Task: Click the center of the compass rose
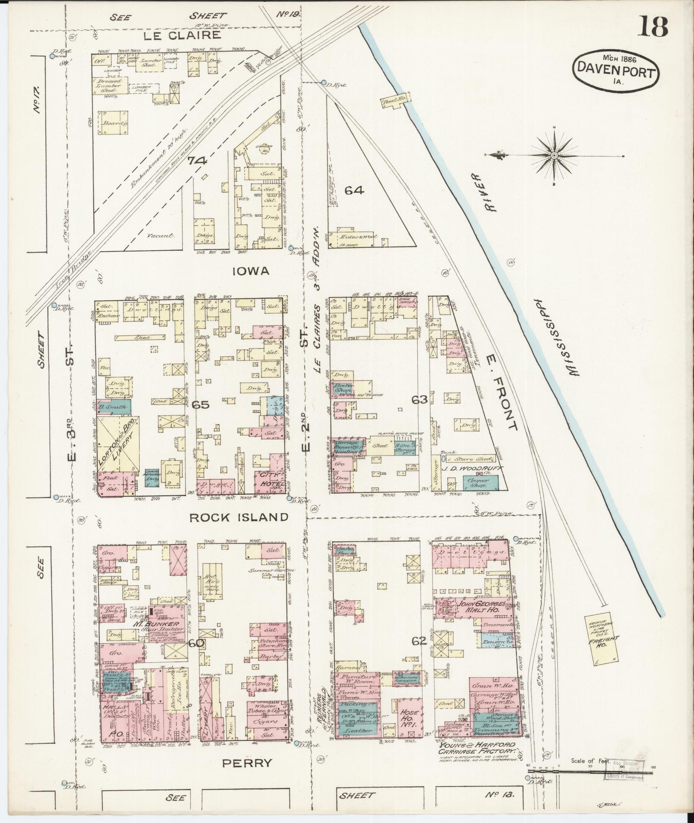pyautogui.click(x=554, y=155)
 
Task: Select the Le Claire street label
pyautogui.click(x=188, y=35)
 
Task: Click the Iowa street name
pyautogui.click(x=251, y=271)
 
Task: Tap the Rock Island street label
pyautogui.click(x=239, y=517)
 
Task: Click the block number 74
pyautogui.click(x=197, y=161)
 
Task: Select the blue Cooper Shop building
pyautogui.click(x=481, y=482)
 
